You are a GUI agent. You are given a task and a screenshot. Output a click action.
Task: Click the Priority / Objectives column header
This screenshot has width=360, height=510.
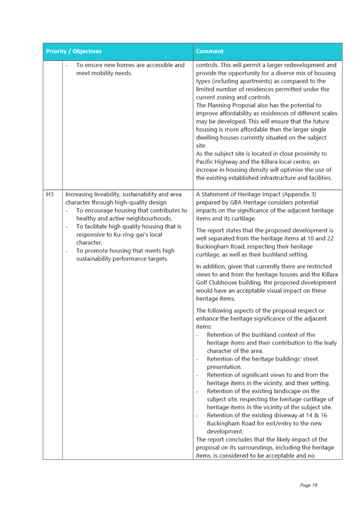point(74,51)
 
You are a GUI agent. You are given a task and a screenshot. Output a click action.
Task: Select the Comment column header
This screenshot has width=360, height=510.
point(210,51)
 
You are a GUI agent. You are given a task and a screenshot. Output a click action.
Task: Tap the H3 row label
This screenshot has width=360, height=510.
point(50,194)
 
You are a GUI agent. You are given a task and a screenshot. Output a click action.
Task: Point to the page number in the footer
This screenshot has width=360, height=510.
point(309,485)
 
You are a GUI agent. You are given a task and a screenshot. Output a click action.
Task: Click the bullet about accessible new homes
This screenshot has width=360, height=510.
point(130,69)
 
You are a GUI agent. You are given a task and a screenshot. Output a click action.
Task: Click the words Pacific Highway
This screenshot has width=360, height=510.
point(212,162)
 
